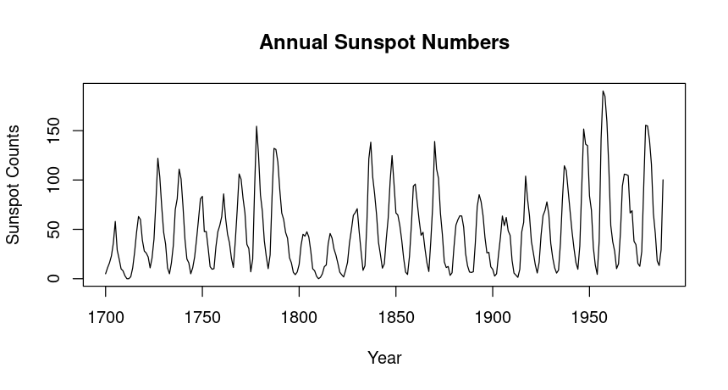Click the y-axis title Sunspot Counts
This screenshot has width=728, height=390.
14,183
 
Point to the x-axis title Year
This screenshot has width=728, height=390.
384,358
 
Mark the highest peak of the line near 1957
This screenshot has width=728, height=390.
603,91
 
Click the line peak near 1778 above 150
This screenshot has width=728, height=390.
256,126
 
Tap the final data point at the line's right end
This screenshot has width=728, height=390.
663,180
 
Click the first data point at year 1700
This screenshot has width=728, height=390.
106,274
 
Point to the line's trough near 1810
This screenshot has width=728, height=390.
318,278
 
